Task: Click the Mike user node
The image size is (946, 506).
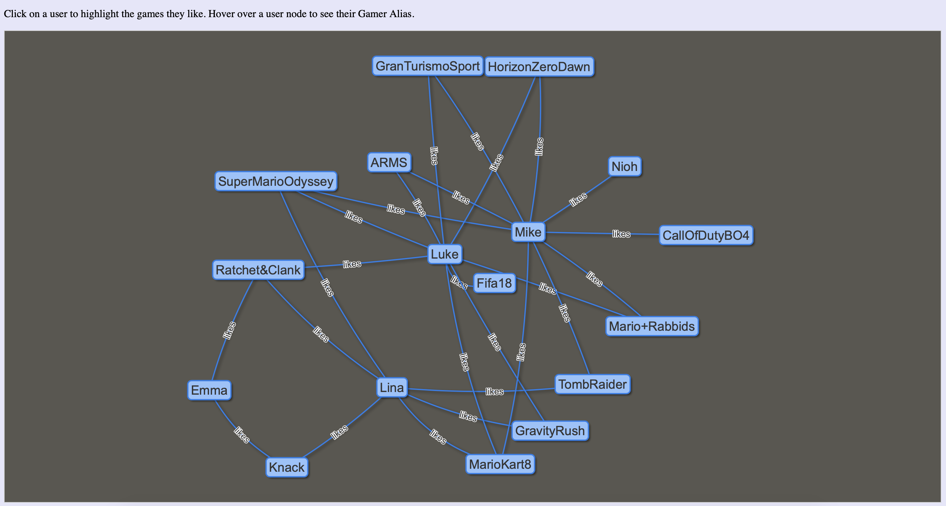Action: pyautogui.click(x=528, y=232)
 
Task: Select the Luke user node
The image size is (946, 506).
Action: pyautogui.click(x=444, y=254)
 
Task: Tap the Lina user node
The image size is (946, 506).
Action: pyautogui.click(x=392, y=388)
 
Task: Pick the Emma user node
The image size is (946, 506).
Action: pyautogui.click(x=209, y=390)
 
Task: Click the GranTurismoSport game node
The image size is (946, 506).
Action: pyautogui.click(x=428, y=66)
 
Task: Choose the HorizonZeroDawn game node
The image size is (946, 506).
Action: pyautogui.click(x=539, y=67)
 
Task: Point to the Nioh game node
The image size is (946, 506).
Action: pyautogui.click(x=624, y=166)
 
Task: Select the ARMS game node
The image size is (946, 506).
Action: pyautogui.click(x=389, y=162)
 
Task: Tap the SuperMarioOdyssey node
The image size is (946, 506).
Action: pyautogui.click(x=276, y=182)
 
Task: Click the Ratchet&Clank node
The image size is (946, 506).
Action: pyautogui.click(x=258, y=270)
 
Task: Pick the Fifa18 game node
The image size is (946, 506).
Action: pyautogui.click(x=494, y=283)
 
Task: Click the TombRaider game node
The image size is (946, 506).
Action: pyautogui.click(x=592, y=384)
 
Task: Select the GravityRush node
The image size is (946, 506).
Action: pyautogui.click(x=550, y=431)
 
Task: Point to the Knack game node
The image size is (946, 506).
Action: pyautogui.click(x=287, y=467)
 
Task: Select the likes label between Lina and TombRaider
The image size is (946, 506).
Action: pyautogui.click(x=494, y=392)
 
